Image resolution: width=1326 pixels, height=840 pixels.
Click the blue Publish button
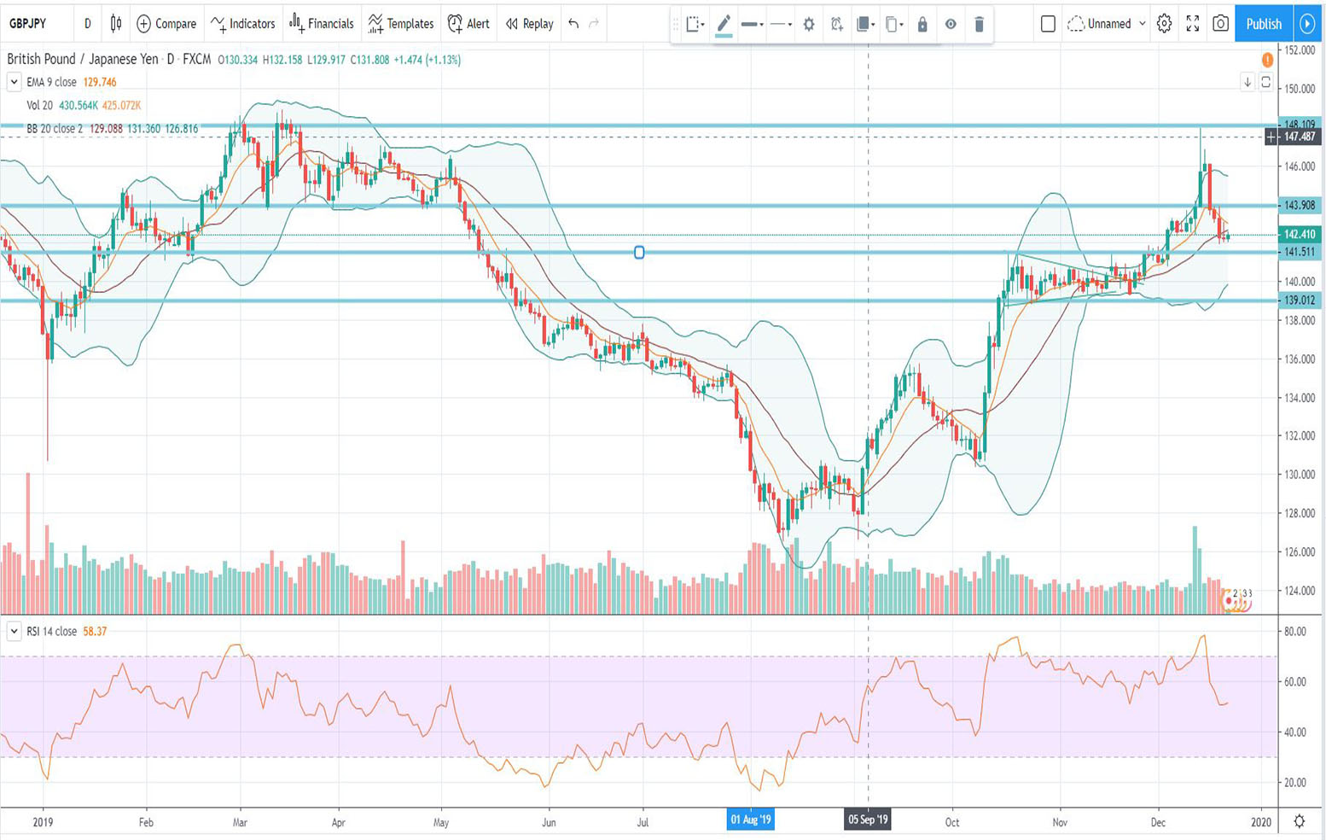1263,24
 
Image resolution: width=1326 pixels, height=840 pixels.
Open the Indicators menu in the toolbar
243,24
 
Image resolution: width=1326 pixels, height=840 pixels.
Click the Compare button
166,24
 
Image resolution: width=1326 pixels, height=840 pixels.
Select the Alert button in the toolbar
468,24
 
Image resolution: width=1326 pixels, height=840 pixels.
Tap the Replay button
529,24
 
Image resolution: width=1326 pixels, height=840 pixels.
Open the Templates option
400,24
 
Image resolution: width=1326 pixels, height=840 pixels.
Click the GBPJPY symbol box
28,24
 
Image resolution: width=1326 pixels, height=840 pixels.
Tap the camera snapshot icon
1220,24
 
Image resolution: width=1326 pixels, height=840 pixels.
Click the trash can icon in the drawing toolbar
979,25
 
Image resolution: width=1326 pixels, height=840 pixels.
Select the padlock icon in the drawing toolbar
922,25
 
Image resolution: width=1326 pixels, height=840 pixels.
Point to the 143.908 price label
1300,205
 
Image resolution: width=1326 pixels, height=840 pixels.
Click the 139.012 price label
1300,300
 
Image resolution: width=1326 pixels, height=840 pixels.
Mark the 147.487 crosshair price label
1300,137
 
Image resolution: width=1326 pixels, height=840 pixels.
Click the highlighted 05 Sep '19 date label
868,820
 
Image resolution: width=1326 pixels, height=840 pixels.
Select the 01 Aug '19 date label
751,820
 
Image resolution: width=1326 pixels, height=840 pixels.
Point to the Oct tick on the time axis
952,822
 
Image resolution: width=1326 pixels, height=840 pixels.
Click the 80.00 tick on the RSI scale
1294,632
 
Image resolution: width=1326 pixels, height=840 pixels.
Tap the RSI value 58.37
95,632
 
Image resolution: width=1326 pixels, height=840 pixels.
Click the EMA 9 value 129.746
100,82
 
